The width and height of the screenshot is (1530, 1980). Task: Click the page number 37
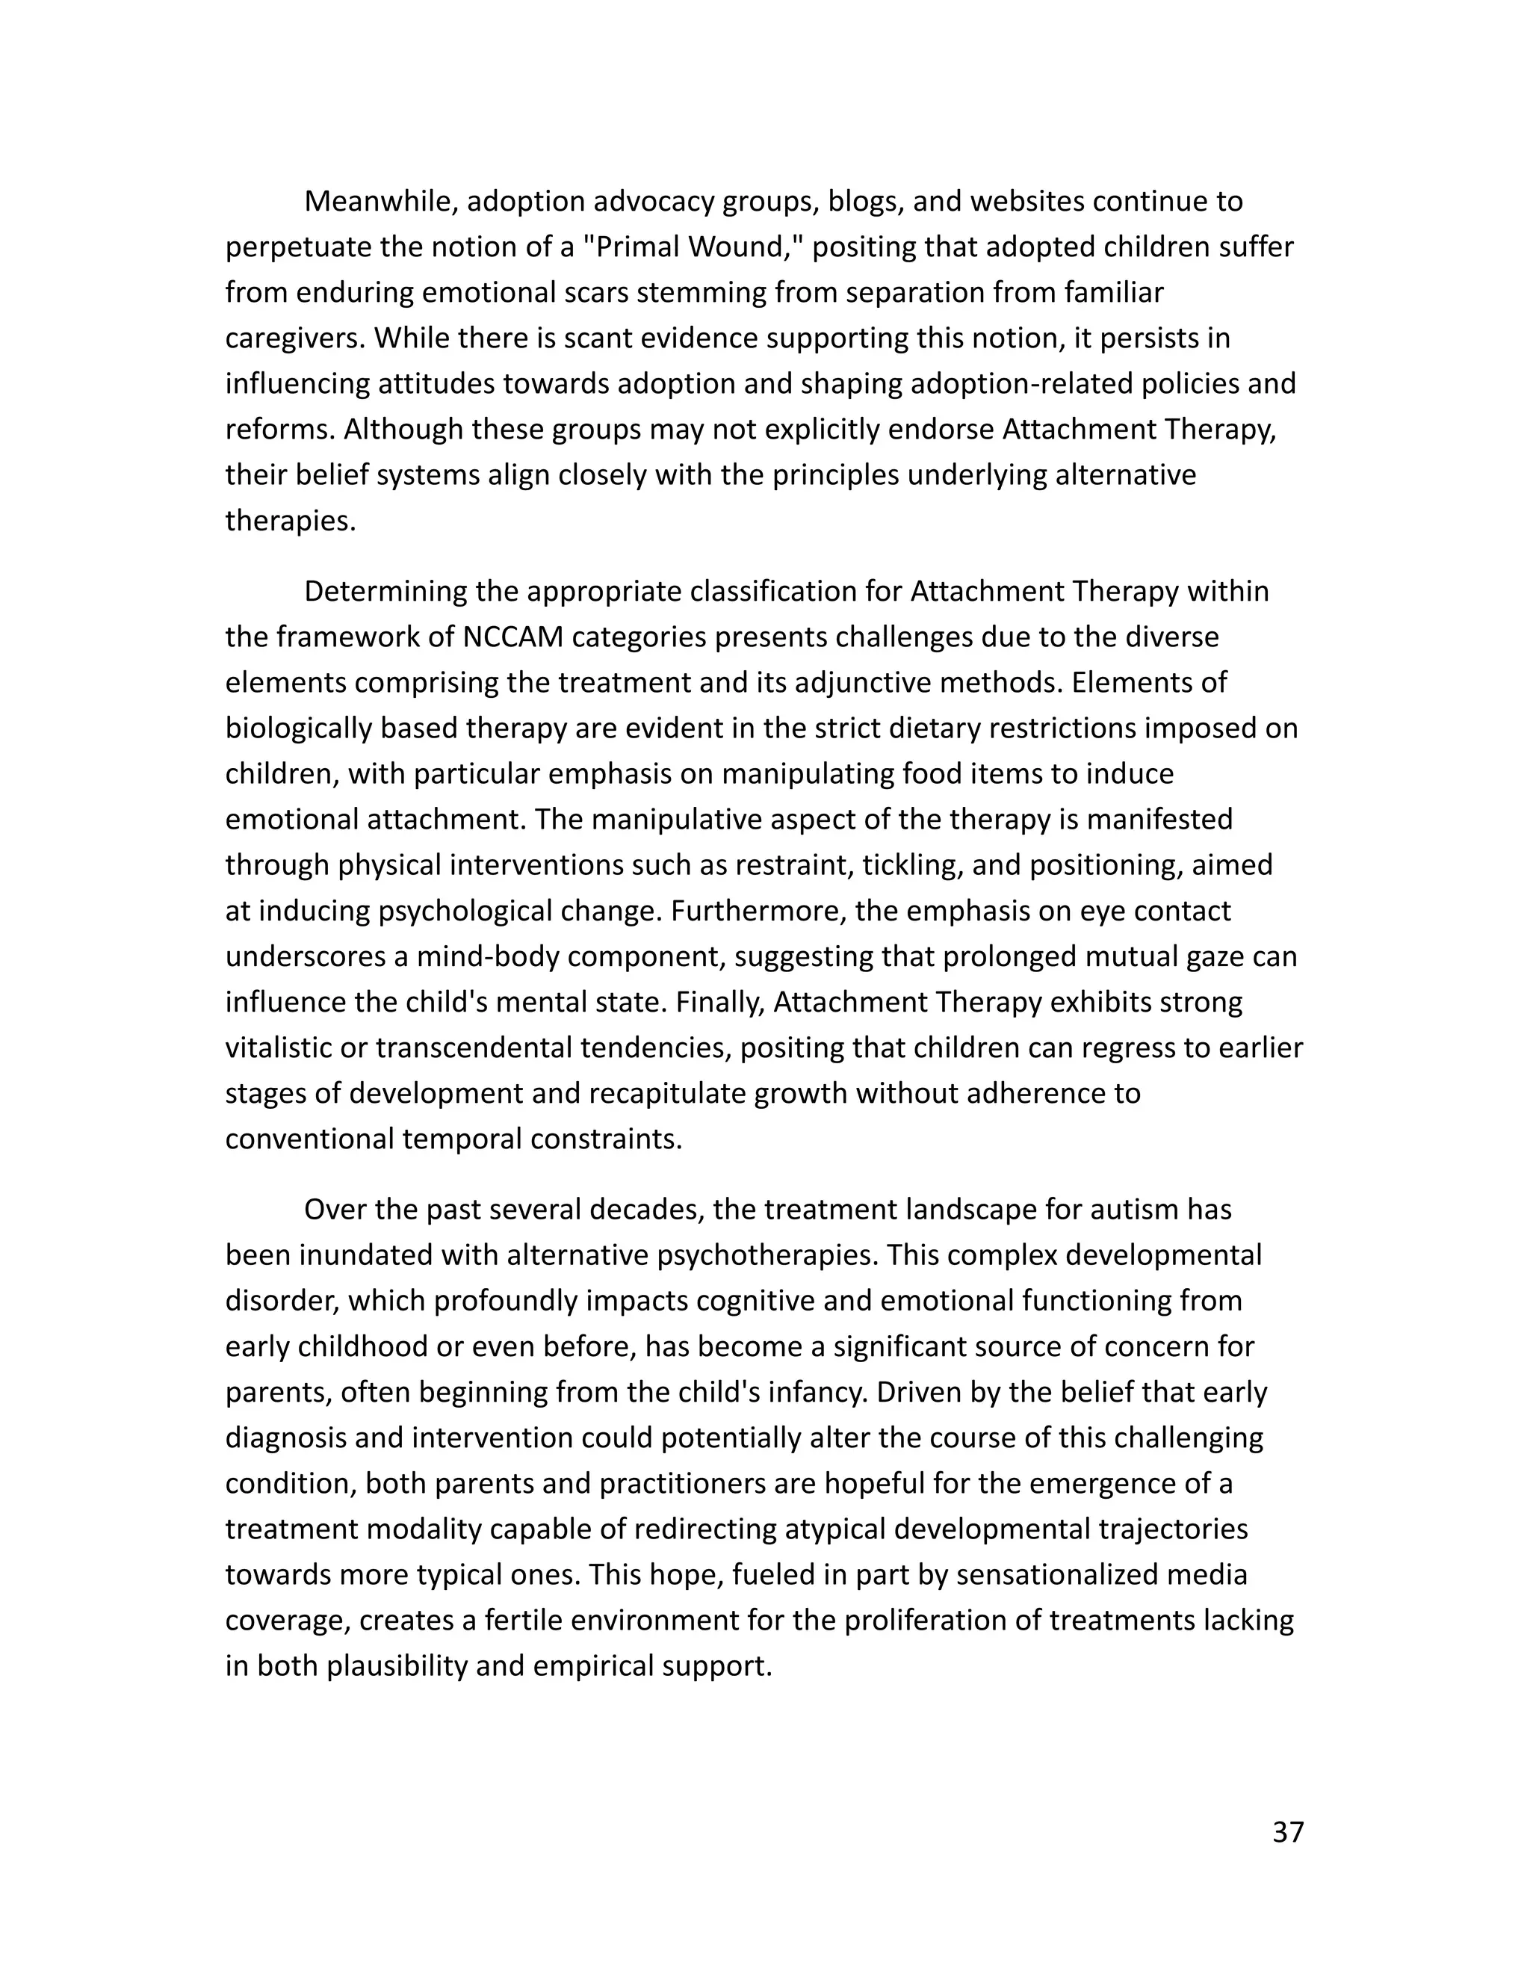coord(1287,1832)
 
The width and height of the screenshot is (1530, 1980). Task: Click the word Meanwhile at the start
coord(380,201)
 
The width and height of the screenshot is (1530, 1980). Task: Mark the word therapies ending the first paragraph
coord(290,522)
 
